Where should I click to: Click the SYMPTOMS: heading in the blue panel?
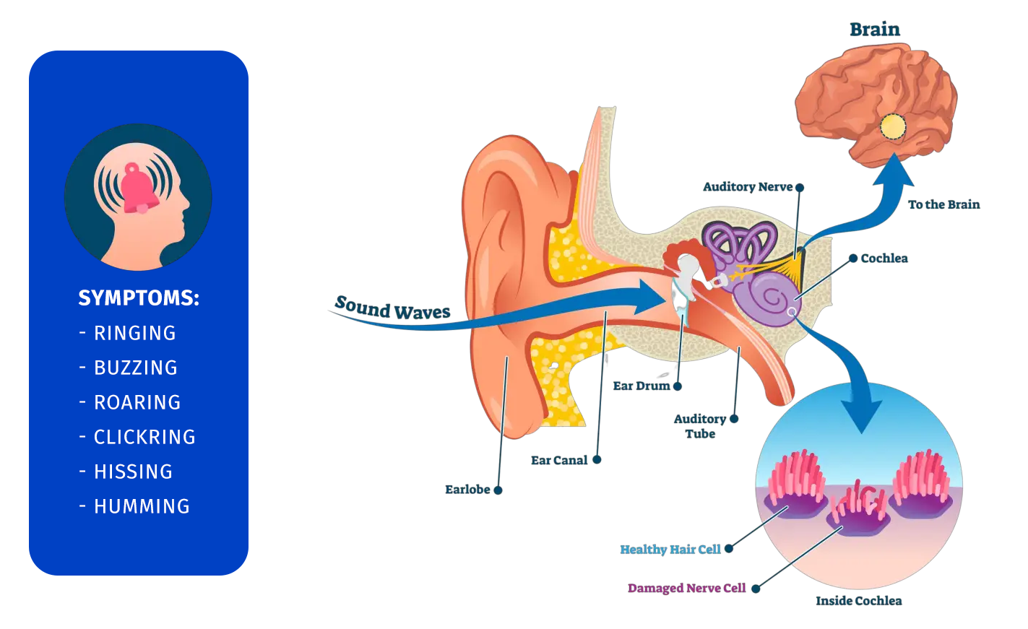click(139, 298)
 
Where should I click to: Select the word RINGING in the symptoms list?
click(135, 333)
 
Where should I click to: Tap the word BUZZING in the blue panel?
click(136, 368)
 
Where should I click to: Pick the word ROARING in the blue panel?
click(137, 402)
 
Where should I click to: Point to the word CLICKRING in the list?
click(144, 437)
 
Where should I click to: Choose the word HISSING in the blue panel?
click(134, 472)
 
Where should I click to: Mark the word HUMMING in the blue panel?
click(142, 506)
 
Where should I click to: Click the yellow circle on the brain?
click(893, 127)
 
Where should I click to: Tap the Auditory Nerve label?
click(748, 187)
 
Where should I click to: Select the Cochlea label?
click(884, 259)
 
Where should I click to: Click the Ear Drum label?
click(642, 386)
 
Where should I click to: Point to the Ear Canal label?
click(559, 460)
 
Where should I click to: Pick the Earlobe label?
click(467, 490)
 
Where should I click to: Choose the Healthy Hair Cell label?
click(670, 550)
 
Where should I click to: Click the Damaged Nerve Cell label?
click(686, 589)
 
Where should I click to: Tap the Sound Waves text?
click(393, 308)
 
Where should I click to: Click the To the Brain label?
click(943, 204)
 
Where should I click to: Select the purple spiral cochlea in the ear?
click(768, 296)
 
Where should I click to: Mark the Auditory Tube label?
click(699, 426)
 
